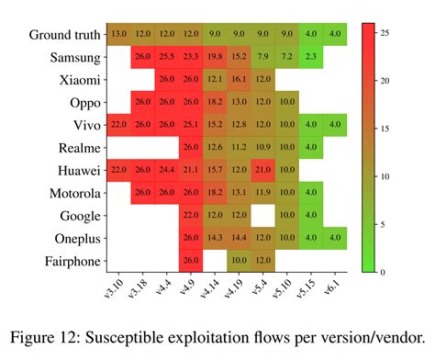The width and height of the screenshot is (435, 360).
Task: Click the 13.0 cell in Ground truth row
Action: coord(119,34)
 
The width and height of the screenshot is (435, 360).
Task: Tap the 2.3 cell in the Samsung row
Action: coord(310,57)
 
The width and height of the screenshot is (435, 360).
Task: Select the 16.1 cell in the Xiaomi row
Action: coord(239,79)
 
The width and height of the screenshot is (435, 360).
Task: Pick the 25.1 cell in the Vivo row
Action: coord(191,124)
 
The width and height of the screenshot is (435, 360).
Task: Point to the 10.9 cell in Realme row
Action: coord(262,147)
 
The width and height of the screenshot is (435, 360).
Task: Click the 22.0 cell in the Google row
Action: coord(191,215)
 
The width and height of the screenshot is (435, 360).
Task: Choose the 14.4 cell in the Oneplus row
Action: coord(239,237)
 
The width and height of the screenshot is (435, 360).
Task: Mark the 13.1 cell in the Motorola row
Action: coord(239,192)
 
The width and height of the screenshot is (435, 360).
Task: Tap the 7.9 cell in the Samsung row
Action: coord(262,57)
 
